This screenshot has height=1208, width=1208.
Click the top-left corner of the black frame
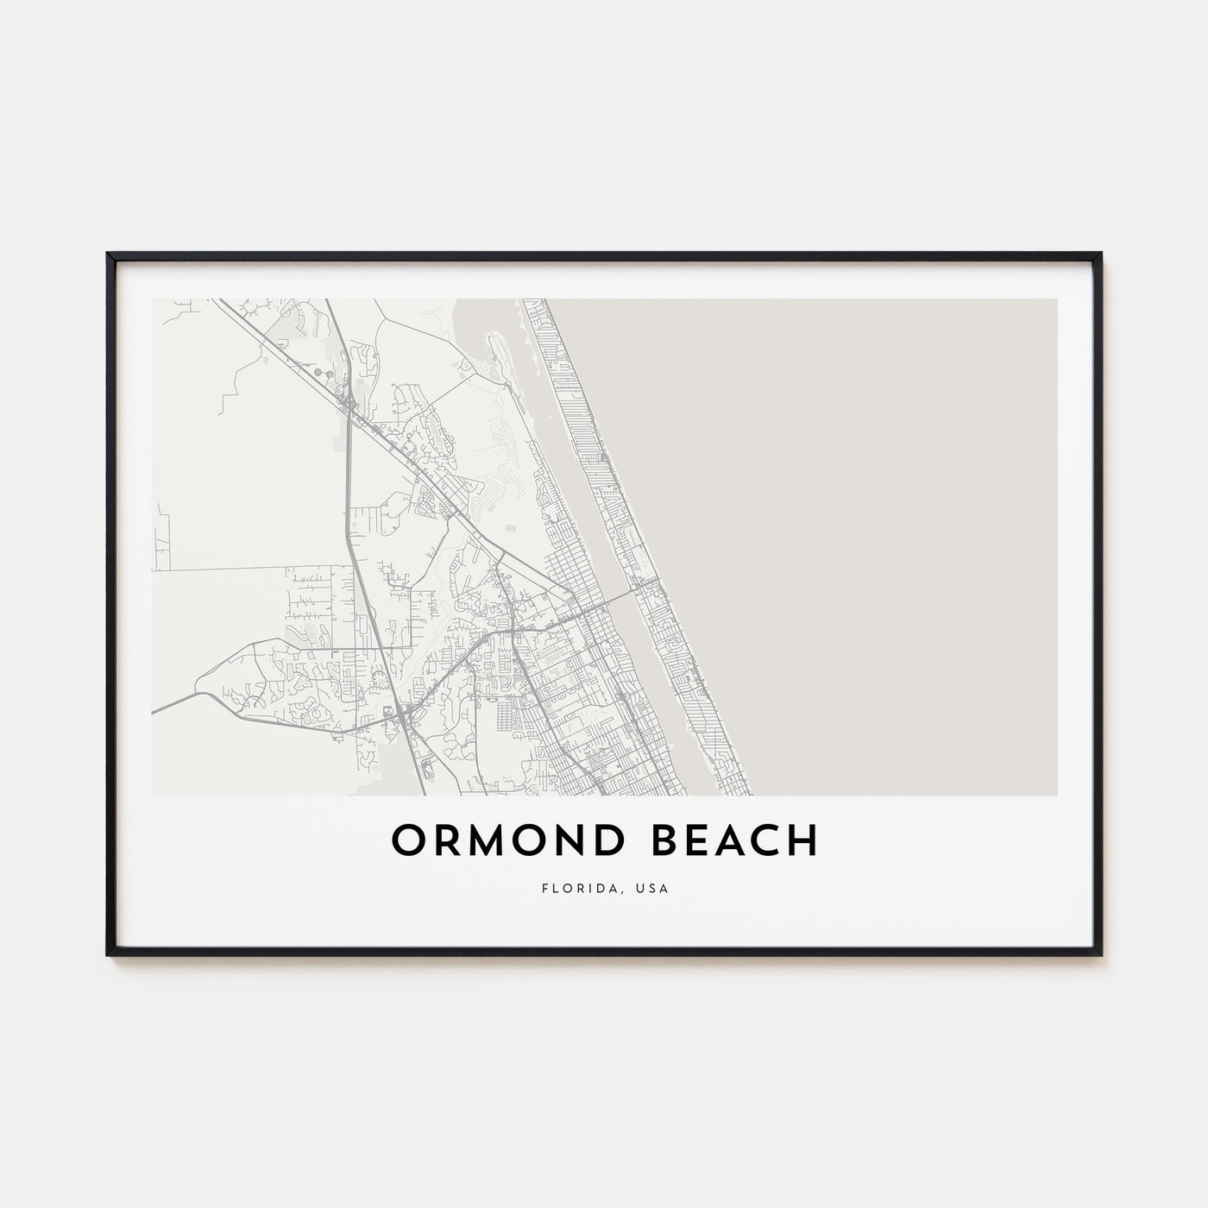[x=108, y=254]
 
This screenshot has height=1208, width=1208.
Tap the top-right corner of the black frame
[x=1101, y=254]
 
